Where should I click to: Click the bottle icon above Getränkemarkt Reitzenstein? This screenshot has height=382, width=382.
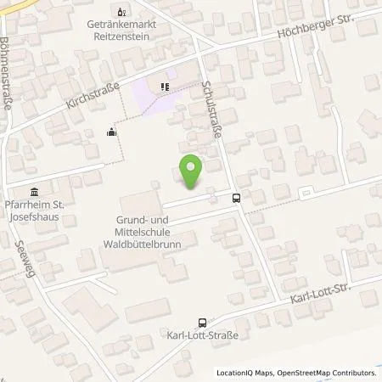click(120, 12)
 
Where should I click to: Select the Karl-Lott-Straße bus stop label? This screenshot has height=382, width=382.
click(202, 336)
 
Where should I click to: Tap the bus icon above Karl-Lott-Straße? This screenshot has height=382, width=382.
click(202, 323)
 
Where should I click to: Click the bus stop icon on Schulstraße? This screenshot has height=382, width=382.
click(236, 199)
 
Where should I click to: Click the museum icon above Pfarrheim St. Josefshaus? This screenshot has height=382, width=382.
click(34, 190)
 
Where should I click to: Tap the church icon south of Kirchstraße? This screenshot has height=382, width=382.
click(111, 132)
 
